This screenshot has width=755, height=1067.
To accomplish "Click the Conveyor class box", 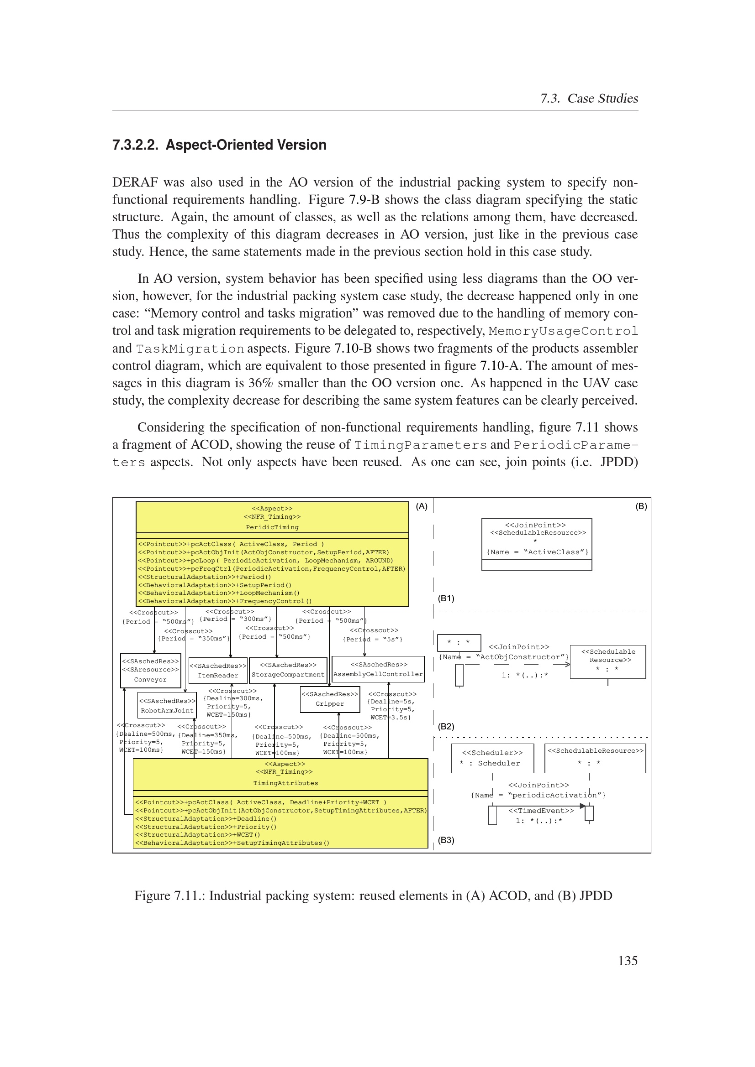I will click(150, 670).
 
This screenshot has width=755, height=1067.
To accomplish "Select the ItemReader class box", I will click(218, 671).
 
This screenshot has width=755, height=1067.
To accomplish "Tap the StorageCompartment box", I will click(288, 670).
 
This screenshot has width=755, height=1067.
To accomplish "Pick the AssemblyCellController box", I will click(378, 669).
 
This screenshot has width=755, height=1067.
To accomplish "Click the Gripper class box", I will click(330, 699).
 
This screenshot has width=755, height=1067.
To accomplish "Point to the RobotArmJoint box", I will click(167, 705).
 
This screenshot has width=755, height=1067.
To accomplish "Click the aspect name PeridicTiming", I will click(272, 527).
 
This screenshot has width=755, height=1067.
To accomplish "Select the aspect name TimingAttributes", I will click(285, 783).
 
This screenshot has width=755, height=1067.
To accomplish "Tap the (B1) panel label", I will click(446, 598).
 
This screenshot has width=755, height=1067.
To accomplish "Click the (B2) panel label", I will click(446, 726).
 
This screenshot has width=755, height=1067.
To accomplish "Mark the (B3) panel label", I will click(446, 840).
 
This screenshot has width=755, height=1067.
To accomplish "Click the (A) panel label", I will click(422, 506).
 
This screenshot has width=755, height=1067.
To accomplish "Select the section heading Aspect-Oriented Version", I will click(246, 145).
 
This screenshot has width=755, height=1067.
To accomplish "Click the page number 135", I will click(628, 960).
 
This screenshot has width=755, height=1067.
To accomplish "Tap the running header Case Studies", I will click(602, 99).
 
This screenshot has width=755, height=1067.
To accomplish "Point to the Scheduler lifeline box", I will click(492, 759).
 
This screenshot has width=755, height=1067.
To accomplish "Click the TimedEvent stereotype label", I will click(541, 811).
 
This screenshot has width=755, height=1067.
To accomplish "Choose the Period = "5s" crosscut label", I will click(372, 640).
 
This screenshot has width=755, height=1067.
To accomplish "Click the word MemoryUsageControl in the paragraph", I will click(563, 331).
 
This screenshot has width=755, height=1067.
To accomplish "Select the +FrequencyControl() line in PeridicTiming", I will click(225, 601).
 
